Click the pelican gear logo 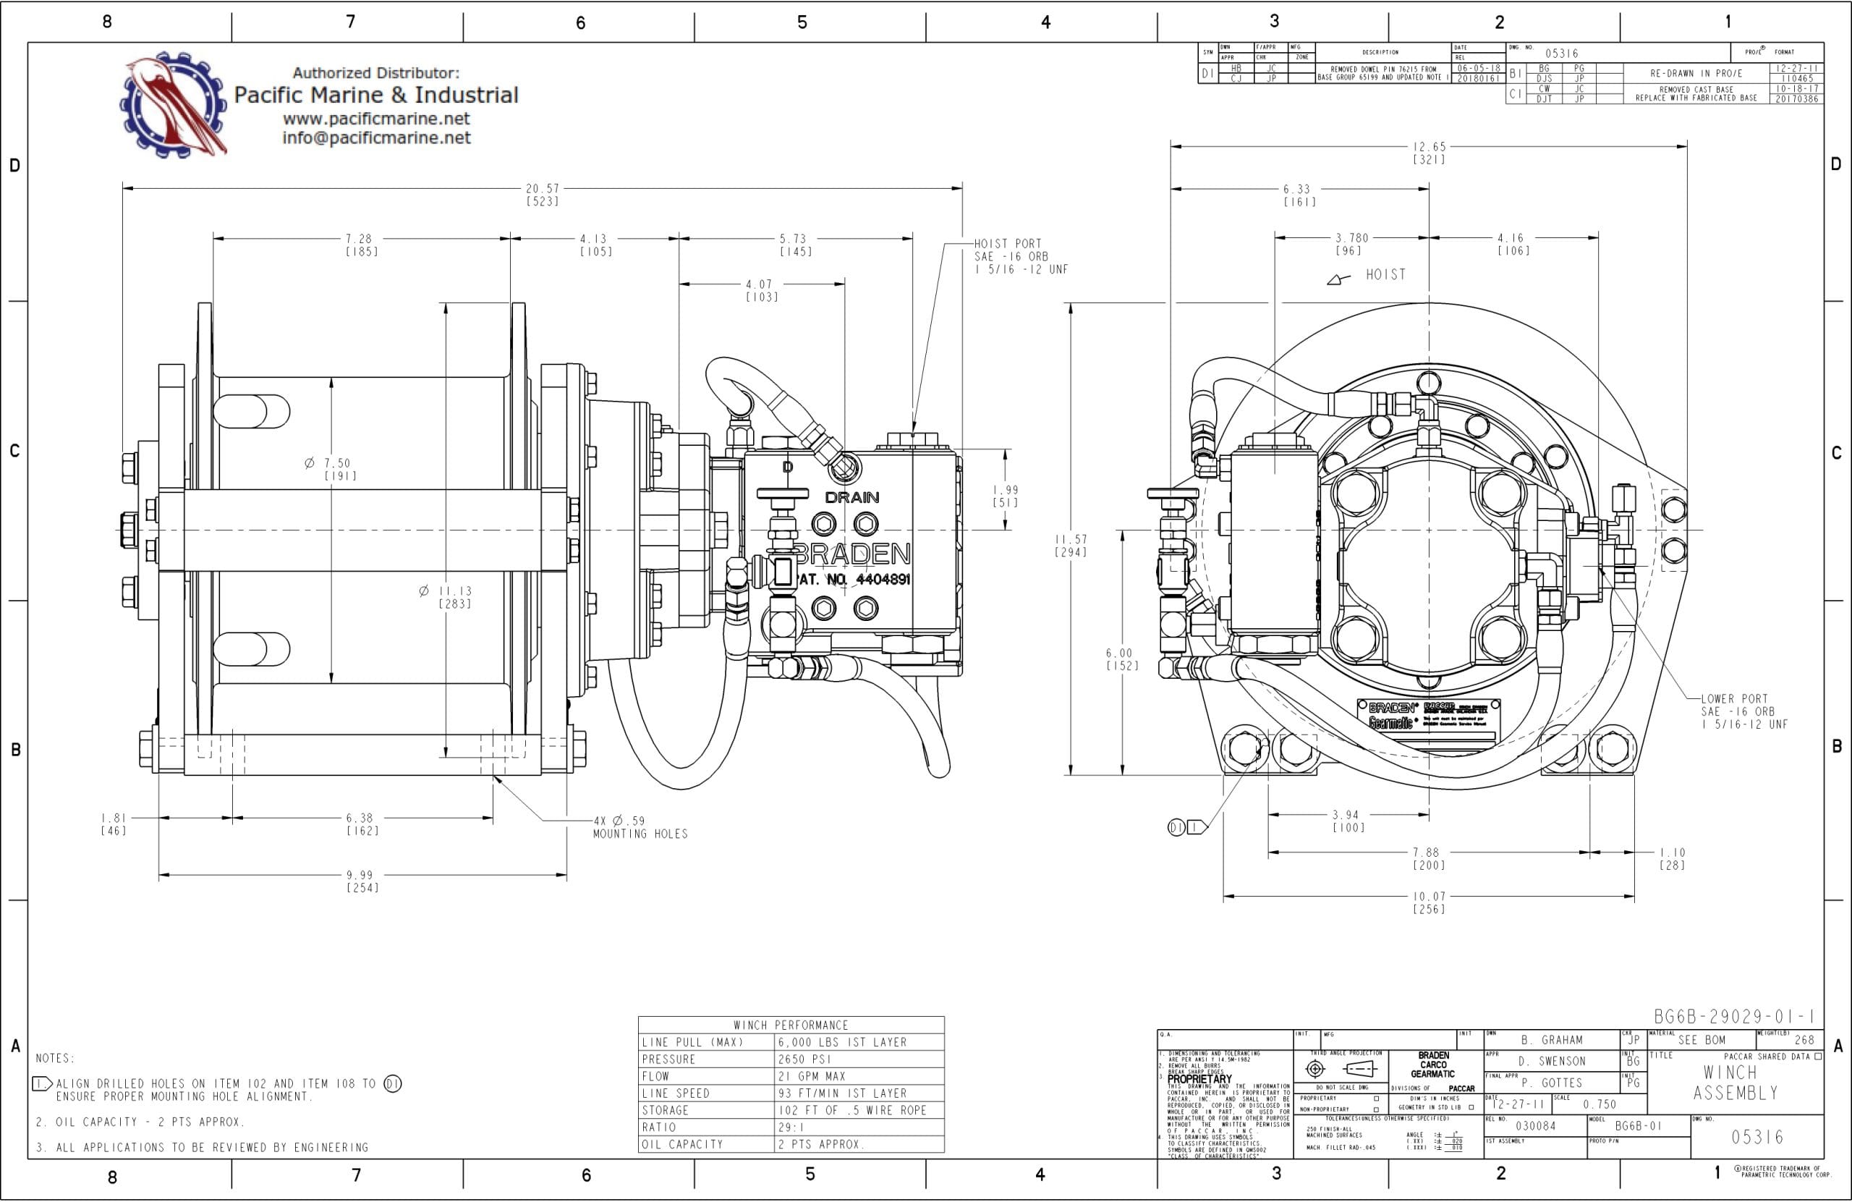pos(174,103)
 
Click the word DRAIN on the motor pos(852,496)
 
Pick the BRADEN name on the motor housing pos(852,554)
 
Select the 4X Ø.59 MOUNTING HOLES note pos(640,826)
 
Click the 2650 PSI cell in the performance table pos(804,1059)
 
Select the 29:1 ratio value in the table pos(791,1127)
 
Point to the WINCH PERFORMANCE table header pos(791,1025)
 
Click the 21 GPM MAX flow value pos(812,1076)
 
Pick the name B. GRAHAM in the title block pos(1552,1040)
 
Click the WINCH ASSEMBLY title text pos(1736,1083)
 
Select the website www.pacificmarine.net pos(376,119)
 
